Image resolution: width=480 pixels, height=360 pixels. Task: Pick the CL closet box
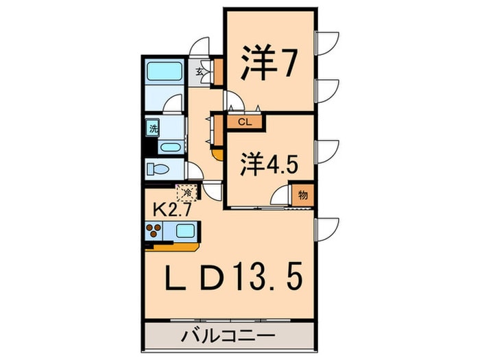pyautogui.click(x=244, y=123)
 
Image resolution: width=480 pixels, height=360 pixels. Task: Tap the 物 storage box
pyautogui.click(x=303, y=194)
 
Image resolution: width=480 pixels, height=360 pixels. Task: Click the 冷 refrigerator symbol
pyautogui.click(x=186, y=193)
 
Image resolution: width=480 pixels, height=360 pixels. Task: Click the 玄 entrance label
pyautogui.click(x=200, y=71)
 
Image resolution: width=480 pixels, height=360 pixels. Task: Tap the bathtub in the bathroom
pyautogui.click(x=164, y=71)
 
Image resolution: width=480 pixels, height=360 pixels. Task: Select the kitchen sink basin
pyautogui.click(x=184, y=230)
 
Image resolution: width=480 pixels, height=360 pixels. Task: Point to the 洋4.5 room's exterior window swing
pyautogui.click(x=327, y=149)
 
